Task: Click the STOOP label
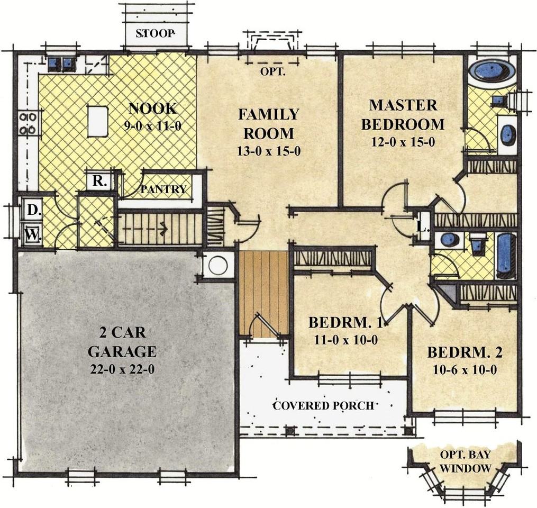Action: (155, 33)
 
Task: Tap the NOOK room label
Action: (153, 108)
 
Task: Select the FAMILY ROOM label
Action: (269, 124)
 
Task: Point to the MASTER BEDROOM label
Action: (403, 115)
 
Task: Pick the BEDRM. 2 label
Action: (465, 352)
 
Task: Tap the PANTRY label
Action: (163, 189)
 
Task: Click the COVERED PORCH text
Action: (323, 405)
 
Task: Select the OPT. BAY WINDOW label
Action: (465, 461)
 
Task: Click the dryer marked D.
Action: (32, 210)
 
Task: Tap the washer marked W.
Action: (32, 234)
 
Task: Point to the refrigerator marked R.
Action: (99, 180)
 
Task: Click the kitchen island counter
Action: (98, 121)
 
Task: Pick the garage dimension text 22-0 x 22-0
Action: (122, 369)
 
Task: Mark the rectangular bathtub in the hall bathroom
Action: (506, 256)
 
